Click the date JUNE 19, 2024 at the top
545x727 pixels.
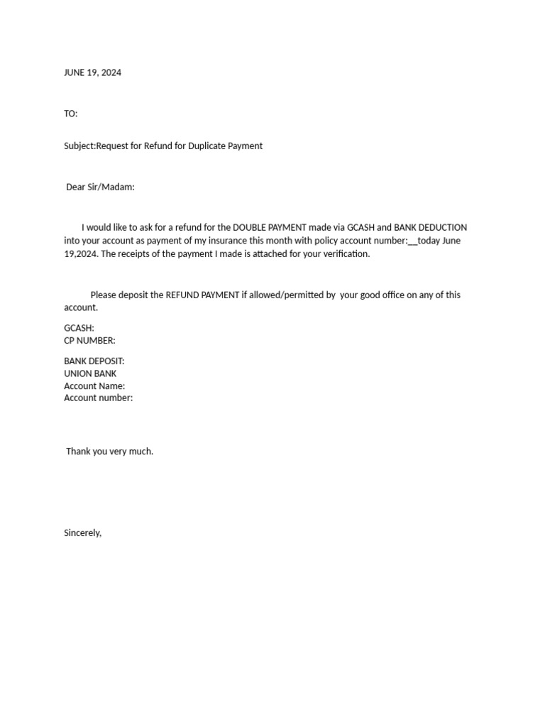[x=92, y=72]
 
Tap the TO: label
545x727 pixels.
[x=71, y=114]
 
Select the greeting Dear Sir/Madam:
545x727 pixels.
[x=100, y=187]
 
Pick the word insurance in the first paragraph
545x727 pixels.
[x=218, y=241]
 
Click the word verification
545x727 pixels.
[x=343, y=254]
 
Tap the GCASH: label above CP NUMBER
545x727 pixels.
[x=79, y=329]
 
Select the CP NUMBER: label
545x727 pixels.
[x=89, y=341]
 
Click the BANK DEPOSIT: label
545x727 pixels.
[x=94, y=361]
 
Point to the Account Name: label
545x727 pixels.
[x=94, y=386]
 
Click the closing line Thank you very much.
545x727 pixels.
[x=109, y=452]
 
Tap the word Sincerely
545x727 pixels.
[x=82, y=533]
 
